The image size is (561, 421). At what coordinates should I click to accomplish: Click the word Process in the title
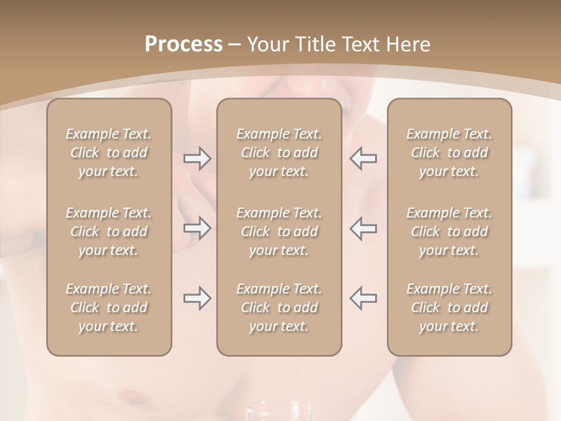pos(183,44)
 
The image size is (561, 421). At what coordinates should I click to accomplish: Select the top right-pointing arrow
pos(198,158)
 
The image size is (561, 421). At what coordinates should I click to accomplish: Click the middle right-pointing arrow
pos(198,228)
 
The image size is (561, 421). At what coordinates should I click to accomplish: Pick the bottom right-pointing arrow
pos(198,298)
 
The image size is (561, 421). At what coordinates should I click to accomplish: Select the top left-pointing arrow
pos(363,158)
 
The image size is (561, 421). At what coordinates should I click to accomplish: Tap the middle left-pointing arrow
pos(363,228)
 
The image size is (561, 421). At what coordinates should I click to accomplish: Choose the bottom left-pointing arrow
pos(363,298)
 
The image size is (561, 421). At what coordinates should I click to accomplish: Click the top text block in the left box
pos(109,153)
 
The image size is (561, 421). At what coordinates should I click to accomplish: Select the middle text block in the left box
pos(109,232)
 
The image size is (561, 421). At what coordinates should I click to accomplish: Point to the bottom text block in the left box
pos(109,308)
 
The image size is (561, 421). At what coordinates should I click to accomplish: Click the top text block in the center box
pos(279,153)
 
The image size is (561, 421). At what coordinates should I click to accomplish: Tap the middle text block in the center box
pos(279,232)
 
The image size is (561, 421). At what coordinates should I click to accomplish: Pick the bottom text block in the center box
pos(279,308)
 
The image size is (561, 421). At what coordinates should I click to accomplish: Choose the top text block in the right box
pos(449,153)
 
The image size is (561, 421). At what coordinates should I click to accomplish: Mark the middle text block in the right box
pos(449,232)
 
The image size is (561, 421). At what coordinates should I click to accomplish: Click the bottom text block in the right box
pos(449,308)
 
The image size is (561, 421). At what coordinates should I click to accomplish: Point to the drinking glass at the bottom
pos(278,412)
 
